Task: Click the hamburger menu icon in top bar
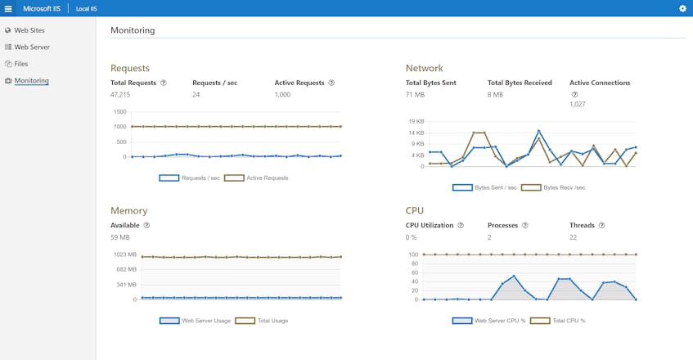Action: tap(8, 8)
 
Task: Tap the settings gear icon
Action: tap(683, 8)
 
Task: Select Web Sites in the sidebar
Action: tap(29, 30)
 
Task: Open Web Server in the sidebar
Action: tap(32, 47)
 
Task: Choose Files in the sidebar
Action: tap(21, 63)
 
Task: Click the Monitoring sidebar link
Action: tap(31, 80)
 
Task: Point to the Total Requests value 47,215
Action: tap(120, 95)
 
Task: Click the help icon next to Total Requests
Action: tap(164, 83)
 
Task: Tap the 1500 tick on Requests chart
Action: tap(120, 111)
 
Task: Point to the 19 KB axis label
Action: tap(416, 121)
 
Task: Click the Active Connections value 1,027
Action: tap(578, 104)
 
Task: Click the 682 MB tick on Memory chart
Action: tap(126, 269)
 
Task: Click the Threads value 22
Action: tap(574, 237)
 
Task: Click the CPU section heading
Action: tap(415, 210)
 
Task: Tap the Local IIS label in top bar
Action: tap(87, 8)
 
